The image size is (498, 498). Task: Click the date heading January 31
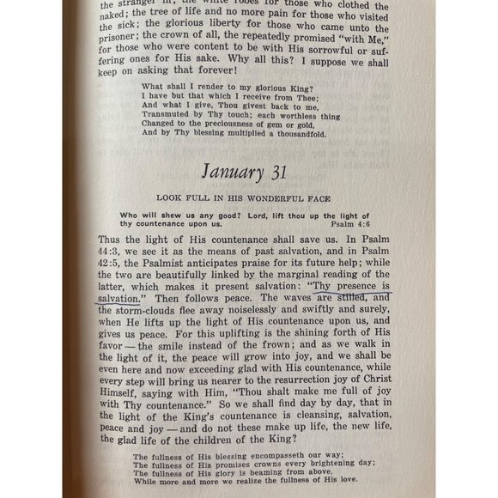(249, 172)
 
